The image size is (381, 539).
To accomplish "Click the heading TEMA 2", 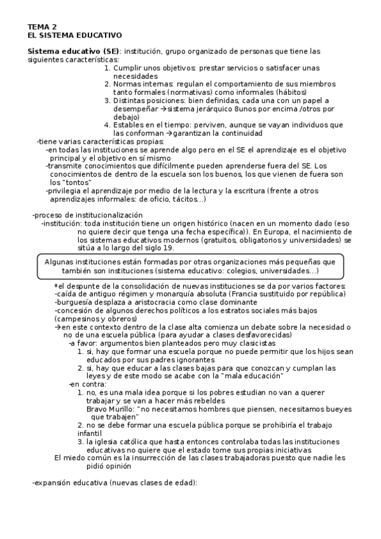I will tap(42, 27).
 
